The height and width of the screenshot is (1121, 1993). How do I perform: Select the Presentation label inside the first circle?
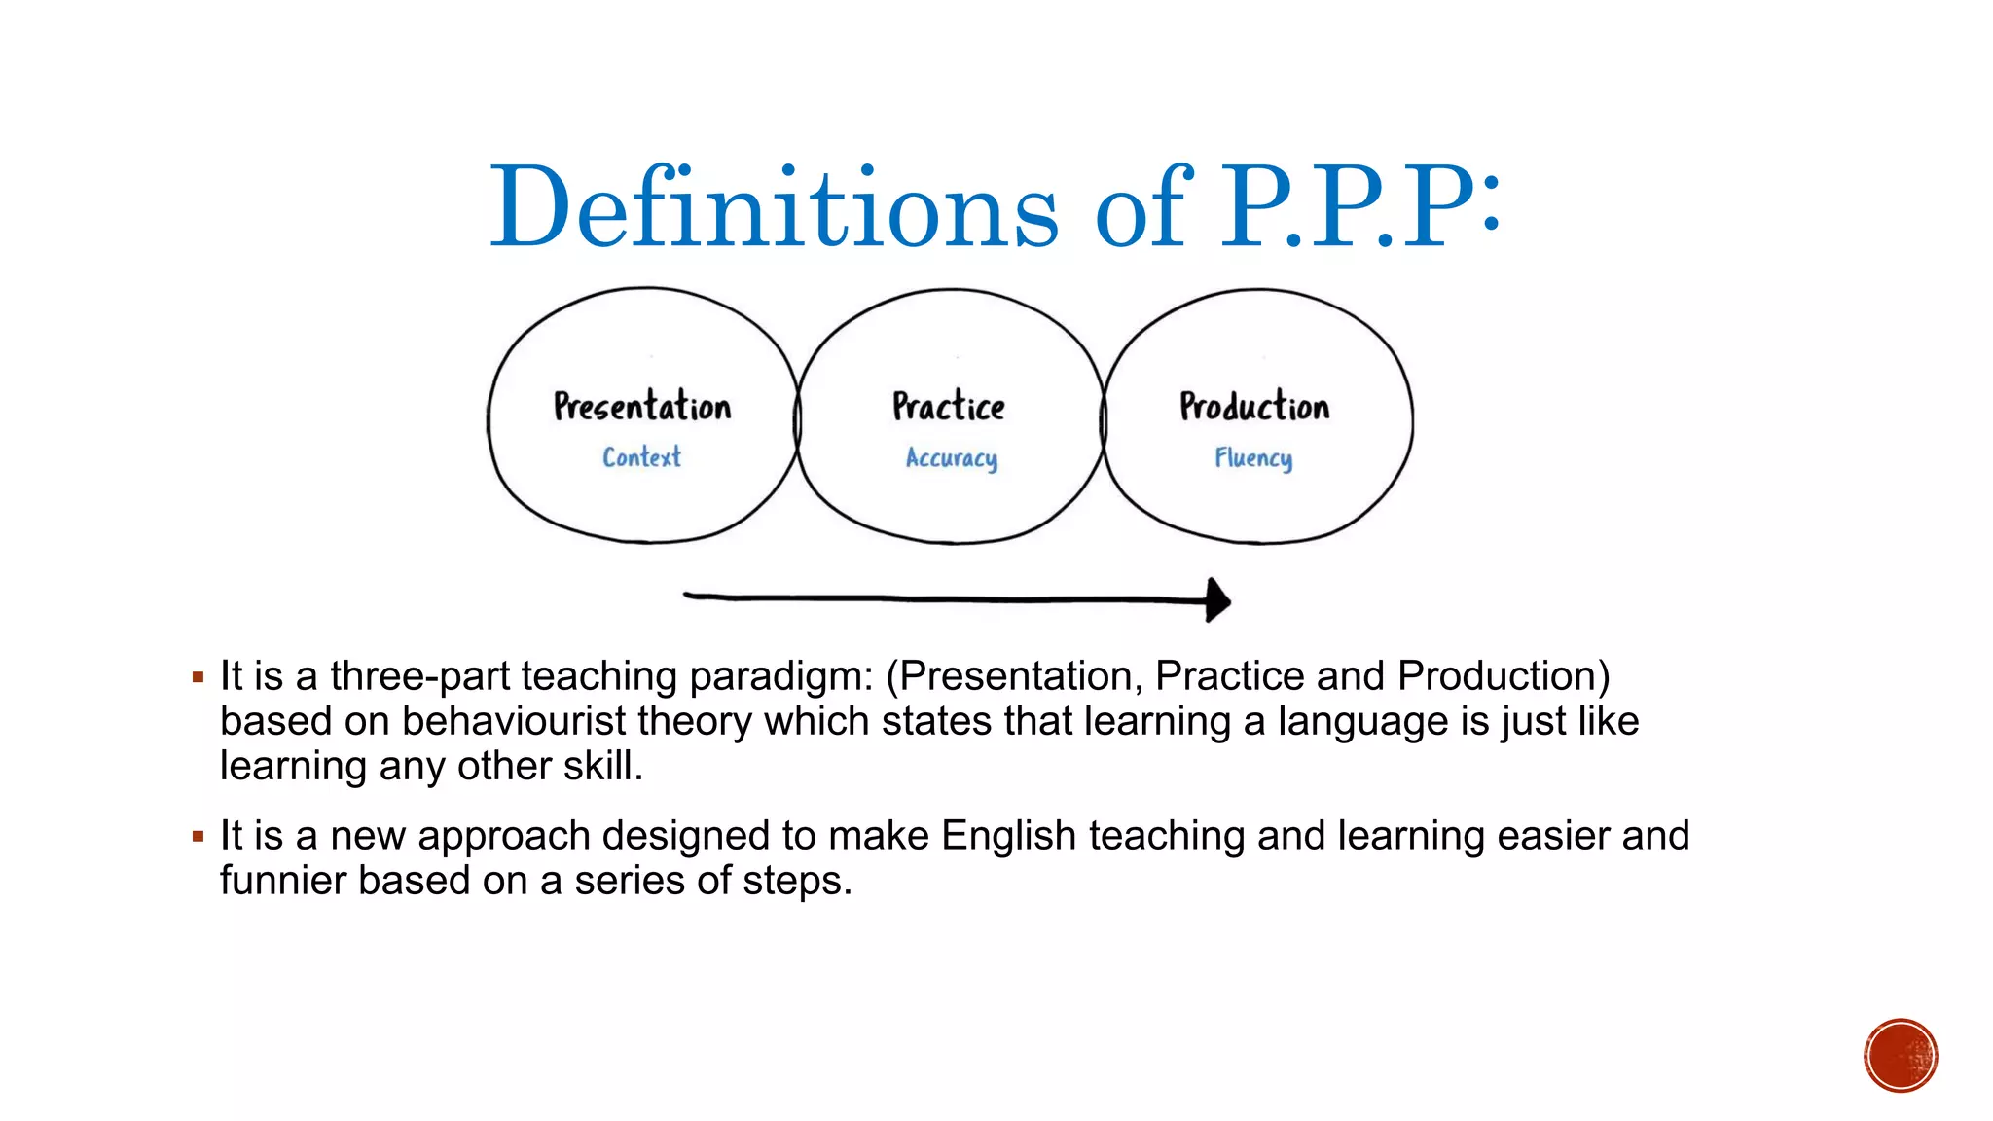coord(642,407)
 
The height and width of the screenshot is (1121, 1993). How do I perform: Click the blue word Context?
coord(641,457)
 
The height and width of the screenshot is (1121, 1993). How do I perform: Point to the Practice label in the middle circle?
coord(949,407)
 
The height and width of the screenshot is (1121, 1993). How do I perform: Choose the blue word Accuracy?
coord(952,458)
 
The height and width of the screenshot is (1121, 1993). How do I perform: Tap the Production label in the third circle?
coord(1254,407)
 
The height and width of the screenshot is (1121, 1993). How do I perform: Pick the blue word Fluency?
coord(1253,458)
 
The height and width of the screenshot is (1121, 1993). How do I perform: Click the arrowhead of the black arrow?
coord(1217,599)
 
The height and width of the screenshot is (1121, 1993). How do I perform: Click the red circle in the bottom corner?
coord(1901,1056)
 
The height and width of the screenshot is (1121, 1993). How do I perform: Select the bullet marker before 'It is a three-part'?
coord(199,677)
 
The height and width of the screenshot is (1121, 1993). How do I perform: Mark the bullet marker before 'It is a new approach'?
coord(199,837)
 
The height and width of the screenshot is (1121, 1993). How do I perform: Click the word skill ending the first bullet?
coord(602,766)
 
